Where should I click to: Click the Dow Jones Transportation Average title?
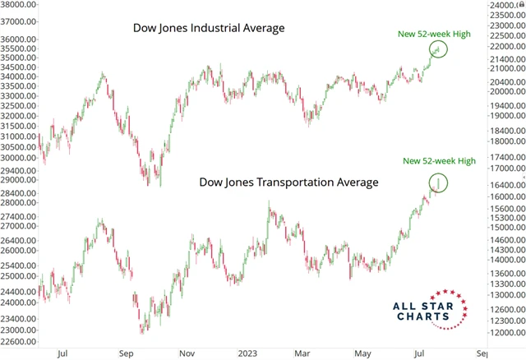[x=289, y=182]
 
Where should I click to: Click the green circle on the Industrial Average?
[x=438, y=49]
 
